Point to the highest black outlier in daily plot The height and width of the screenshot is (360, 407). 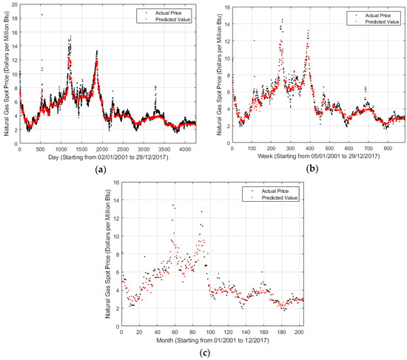(x=41, y=15)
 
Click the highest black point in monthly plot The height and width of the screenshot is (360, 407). (x=173, y=206)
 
